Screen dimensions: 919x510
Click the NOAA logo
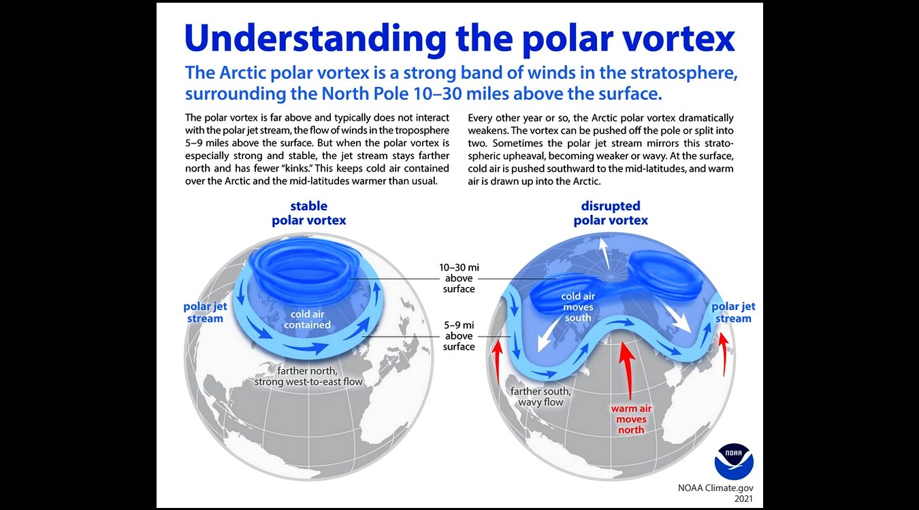pos(734,461)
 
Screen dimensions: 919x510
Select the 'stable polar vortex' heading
pos(309,214)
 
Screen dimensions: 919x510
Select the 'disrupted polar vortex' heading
pos(611,214)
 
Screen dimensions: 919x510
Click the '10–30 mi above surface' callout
pos(459,278)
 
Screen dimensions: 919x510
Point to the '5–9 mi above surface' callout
pos(459,336)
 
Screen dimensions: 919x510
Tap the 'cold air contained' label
pos(307,320)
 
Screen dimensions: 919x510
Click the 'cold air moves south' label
pos(578,307)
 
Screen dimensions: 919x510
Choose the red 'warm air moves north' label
pos(631,419)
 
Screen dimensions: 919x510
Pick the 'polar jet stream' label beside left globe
pos(205,312)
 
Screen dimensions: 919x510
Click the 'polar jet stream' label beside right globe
pos(733,312)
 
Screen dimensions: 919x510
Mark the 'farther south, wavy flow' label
pos(541,396)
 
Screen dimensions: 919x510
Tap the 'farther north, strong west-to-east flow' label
pos(308,376)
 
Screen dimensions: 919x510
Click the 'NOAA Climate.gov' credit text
pos(715,488)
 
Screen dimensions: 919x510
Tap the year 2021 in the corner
pos(743,499)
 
